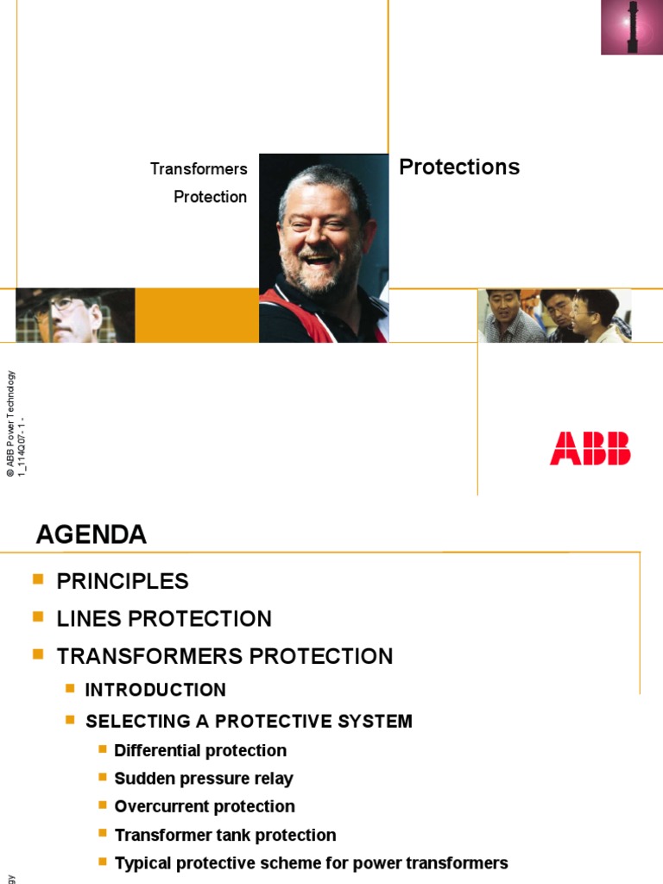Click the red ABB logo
pyautogui.click(x=590, y=448)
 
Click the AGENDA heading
pyautogui.click(x=92, y=535)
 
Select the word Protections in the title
pyautogui.click(x=459, y=167)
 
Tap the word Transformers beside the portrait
pyautogui.click(x=199, y=168)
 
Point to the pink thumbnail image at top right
pyautogui.click(x=632, y=28)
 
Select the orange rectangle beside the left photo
pyautogui.click(x=197, y=315)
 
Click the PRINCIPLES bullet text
pyautogui.click(x=123, y=582)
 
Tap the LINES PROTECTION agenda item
pyautogui.click(x=164, y=619)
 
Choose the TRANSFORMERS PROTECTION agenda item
pyautogui.click(x=224, y=656)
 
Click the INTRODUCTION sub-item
pyautogui.click(x=155, y=690)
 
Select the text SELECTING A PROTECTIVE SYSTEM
pyautogui.click(x=249, y=721)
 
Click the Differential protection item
pyautogui.click(x=200, y=751)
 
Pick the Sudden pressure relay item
pyautogui.click(x=204, y=779)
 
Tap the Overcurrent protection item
pyautogui.click(x=205, y=806)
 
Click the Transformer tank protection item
pyautogui.click(x=225, y=835)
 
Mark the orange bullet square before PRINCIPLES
pyautogui.click(x=37, y=580)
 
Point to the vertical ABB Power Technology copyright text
pyautogui.click(x=10, y=423)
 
